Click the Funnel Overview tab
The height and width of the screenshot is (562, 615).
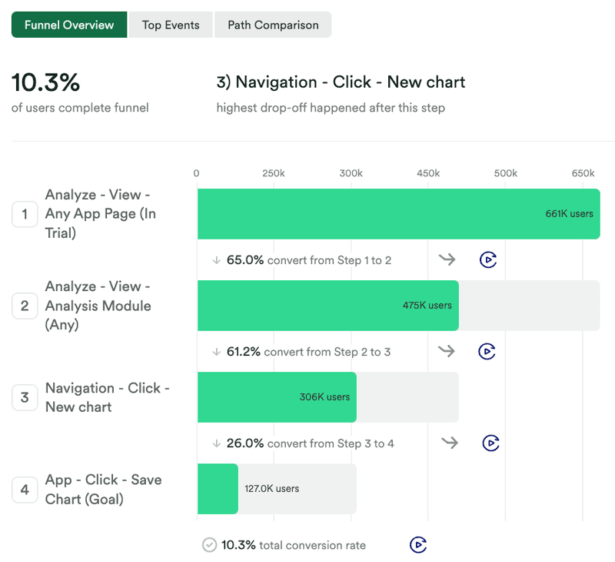(69, 25)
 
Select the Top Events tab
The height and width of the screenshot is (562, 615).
(171, 25)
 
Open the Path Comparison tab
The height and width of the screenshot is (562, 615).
(273, 25)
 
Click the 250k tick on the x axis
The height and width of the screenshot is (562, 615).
(274, 173)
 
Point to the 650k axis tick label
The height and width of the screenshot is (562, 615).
(583, 173)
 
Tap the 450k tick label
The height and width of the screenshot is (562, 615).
(428, 173)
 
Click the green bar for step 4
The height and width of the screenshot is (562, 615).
(218, 489)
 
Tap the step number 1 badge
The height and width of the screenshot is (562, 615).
(25, 214)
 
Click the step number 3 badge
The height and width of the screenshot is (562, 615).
(25, 397)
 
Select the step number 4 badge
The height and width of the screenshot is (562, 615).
(25, 489)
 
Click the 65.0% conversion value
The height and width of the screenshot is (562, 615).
(245, 260)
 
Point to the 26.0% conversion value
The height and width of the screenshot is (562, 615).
(245, 443)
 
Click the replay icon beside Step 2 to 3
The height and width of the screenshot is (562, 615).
(487, 352)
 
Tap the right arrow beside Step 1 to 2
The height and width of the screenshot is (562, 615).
(447, 259)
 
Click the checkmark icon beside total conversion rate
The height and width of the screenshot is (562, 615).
(209, 545)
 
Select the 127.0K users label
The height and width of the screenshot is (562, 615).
(271, 489)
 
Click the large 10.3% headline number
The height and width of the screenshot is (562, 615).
(45, 82)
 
